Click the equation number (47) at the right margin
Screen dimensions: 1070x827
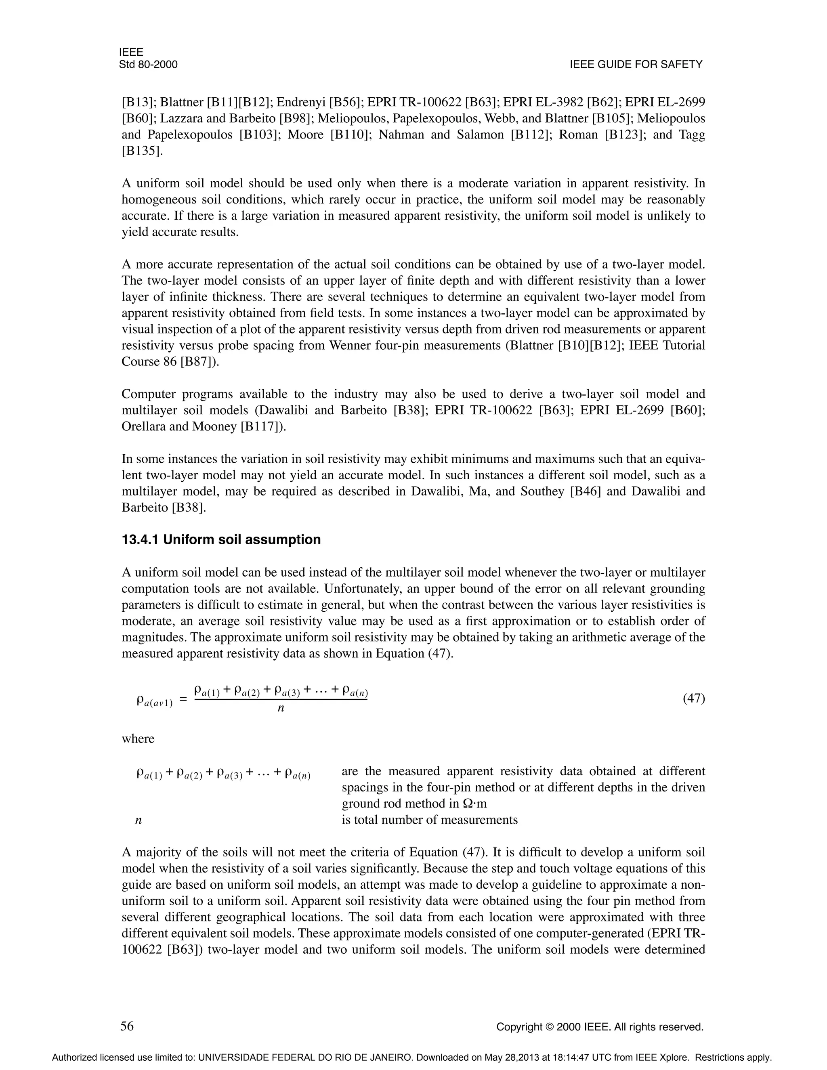694,698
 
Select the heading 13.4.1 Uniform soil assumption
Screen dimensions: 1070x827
221,539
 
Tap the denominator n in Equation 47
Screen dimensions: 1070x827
281,709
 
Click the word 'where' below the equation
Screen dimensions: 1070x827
138,739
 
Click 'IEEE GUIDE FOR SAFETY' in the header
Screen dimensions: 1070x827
636,65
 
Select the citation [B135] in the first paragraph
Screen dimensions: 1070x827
141,151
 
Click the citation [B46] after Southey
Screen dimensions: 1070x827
586,491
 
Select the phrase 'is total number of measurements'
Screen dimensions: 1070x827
429,820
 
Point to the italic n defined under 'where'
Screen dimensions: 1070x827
138,820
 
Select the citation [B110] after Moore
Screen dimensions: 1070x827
349,135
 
